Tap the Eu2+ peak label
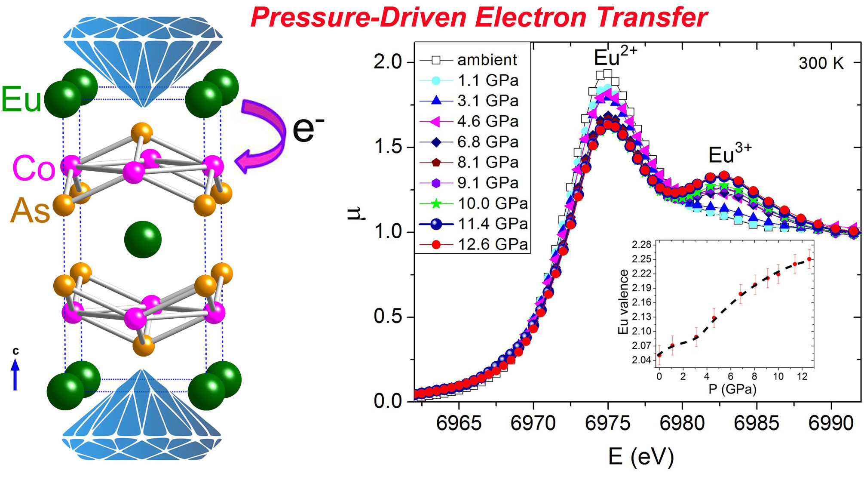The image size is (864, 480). click(x=615, y=57)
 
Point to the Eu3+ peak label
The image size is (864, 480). click(x=729, y=154)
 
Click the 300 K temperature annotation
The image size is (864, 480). click(x=821, y=63)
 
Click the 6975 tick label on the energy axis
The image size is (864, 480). click(x=607, y=423)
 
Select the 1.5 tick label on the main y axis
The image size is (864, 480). click(x=387, y=147)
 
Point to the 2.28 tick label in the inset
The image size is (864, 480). click(x=641, y=245)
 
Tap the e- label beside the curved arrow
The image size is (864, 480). click(x=308, y=129)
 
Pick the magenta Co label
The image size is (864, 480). click(x=34, y=168)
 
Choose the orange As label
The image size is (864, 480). click(x=30, y=211)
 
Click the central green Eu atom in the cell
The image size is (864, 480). click(x=143, y=240)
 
